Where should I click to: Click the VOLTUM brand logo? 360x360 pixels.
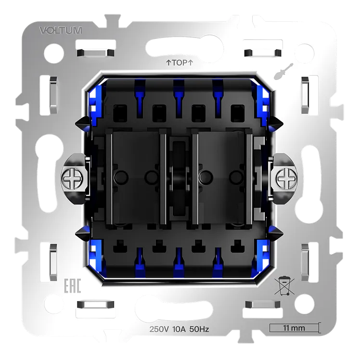pyautogui.click(x=61, y=30)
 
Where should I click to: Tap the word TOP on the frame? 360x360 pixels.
pyautogui.click(x=180, y=63)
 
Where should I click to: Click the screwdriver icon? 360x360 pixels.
pyautogui.click(x=283, y=71)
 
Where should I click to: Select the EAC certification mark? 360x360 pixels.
pyautogui.click(x=72, y=285)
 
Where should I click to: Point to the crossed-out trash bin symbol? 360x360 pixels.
pyautogui.click(x=284, y=285)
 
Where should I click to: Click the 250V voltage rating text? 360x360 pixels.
pyautogui.click(x=159, y=329)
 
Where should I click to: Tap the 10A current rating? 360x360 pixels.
pyautogui.click(x=179, y=329)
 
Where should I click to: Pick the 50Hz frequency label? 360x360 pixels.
pyautogui.click(x=199, y=329)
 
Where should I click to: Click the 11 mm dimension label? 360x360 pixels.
pyautogui.click(x=294, y=328)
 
